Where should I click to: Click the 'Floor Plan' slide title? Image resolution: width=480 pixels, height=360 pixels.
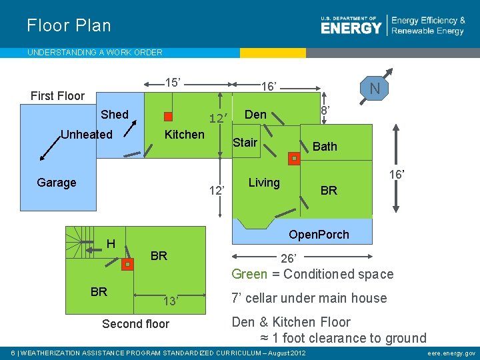coord(69,26)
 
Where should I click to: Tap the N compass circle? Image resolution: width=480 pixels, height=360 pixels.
coord(375,89)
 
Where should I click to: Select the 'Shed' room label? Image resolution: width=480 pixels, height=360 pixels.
coord(115,115)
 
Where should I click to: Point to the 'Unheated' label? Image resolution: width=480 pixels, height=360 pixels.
coord(87,135)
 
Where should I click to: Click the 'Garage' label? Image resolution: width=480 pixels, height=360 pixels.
coord(57,183)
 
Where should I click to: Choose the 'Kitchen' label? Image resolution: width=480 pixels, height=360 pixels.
coord(185,135)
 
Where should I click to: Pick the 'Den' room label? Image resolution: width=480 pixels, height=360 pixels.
coord(255,115)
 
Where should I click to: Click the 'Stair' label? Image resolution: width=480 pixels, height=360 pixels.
coord(245,143)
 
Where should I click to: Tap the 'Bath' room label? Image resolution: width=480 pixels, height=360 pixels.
coord(325,147)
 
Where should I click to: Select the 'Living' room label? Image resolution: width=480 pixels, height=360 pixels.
coord(264,183)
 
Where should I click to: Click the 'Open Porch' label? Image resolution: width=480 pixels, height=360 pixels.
coord(319,235)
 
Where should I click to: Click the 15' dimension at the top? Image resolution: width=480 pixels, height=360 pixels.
coord(173,83)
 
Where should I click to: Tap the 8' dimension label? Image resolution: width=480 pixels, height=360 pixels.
coord(325,109)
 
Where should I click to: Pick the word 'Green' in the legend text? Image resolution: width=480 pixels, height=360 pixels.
coord(249,274)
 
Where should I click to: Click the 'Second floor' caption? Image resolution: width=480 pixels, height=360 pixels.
coord(135,324)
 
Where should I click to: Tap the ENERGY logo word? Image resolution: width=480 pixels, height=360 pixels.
coord(351,27)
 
